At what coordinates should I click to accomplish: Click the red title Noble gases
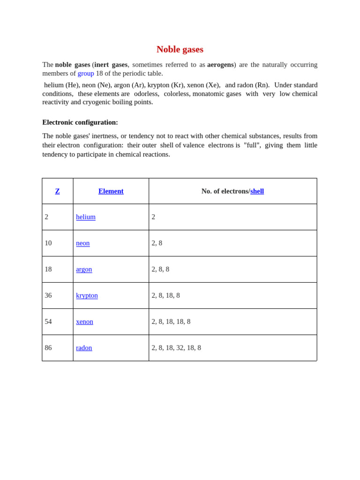pos(180,49)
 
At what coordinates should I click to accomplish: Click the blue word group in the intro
pos(86,73)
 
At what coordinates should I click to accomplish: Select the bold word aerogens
pos(220,65)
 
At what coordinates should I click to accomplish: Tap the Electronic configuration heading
pos(80,122)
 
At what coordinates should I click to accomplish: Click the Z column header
pos(58,191)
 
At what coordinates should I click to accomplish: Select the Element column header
pos(111,191)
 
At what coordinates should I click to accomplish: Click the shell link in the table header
pos(257,191)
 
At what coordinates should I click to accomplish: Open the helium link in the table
pos(86,217)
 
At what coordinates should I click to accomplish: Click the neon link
pos(83,243)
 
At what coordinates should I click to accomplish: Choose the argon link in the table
pos(84,270)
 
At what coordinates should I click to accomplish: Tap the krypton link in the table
pos(87,296)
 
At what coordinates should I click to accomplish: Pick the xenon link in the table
pos(84,322)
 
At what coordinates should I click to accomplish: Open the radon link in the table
pos(84,348)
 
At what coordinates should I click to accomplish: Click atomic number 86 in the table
pos(48,348)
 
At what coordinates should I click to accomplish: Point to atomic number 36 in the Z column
pos(48,296)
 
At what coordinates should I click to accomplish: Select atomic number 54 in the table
pos(48,322)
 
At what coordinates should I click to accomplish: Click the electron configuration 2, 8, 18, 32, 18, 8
pos(176,348)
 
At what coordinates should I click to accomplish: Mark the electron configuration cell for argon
pos(160,270)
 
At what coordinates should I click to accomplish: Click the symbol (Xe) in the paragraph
pos(213,85)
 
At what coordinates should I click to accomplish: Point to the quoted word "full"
pos(252,145)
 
